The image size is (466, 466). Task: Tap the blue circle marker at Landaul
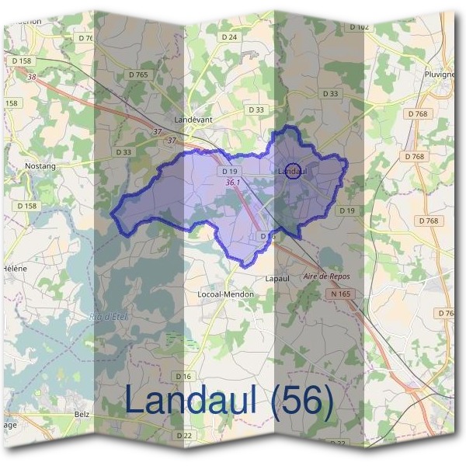pyautogui.click(x=293, y=172)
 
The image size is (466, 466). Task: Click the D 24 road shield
pyautogui.click(x=228, y=37)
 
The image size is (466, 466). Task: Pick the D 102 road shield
pyautogui.click(x=359, y=27)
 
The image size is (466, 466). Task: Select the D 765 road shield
pyautogui.click(x=137, y=75)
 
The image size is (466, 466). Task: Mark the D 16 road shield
pyautogui.click(x=184, y=377)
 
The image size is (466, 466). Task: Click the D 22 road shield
pyautogui.click(x=184, y=435)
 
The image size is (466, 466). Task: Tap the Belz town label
pyautogui.click(x=82, y=415)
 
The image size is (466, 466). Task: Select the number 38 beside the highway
pyautogui.click(x=31, y=77)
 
